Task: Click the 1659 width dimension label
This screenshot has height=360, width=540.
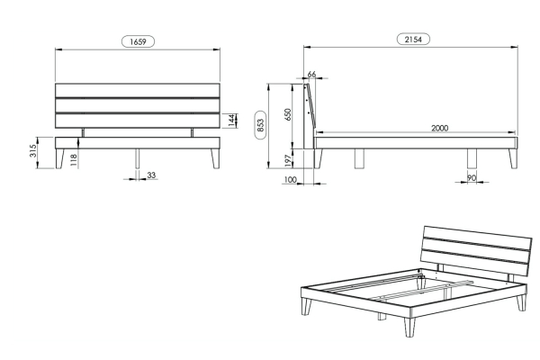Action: click(138, 41)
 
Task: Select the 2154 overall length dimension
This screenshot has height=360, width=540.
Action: click(413, 40)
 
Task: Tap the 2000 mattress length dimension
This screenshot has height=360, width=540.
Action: click(440, 128)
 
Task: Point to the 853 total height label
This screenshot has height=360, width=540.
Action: click(261, 125)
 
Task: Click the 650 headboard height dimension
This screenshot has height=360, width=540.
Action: click(288, 114)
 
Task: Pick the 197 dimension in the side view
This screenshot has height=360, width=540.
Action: click(288, 160)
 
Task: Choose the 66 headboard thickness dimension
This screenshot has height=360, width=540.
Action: click(311, 74)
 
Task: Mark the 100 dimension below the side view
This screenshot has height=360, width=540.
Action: click(291, 179)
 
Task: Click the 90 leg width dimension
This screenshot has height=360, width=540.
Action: click(472, 178)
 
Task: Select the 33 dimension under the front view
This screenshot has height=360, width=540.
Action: click(151, 175)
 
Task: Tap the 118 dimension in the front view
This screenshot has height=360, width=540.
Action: click(74, 160)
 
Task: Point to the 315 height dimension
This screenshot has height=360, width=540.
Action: click(33, 151)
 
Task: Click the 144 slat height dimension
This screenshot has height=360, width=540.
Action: click(232, 120)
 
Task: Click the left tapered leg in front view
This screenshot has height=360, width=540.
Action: click(60, 158)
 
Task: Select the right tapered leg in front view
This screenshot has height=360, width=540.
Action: click(216, 158)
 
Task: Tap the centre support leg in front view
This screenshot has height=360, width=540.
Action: click(138, 158)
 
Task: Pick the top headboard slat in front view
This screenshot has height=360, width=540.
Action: click(138, 91)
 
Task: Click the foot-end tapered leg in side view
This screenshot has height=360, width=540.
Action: click(514, 158)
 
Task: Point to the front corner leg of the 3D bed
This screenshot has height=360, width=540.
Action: click(409, 327)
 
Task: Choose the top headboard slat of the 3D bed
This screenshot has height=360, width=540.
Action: click(478, 238)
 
